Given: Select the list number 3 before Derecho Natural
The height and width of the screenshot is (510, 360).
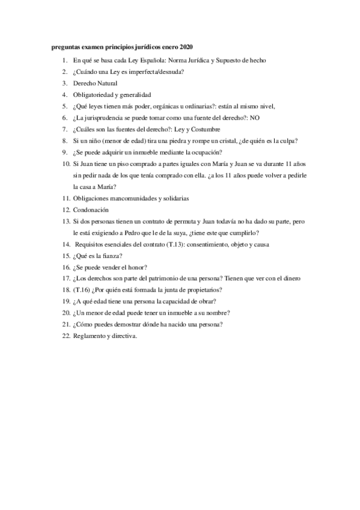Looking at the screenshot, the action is (x=65, y=83).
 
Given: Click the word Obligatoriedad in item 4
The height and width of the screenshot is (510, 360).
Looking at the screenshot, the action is (x=94, y=95).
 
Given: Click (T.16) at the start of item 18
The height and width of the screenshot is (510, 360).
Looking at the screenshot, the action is (x=82, y=290).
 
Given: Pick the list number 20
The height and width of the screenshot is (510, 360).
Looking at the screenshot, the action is (x=66, y=313).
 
